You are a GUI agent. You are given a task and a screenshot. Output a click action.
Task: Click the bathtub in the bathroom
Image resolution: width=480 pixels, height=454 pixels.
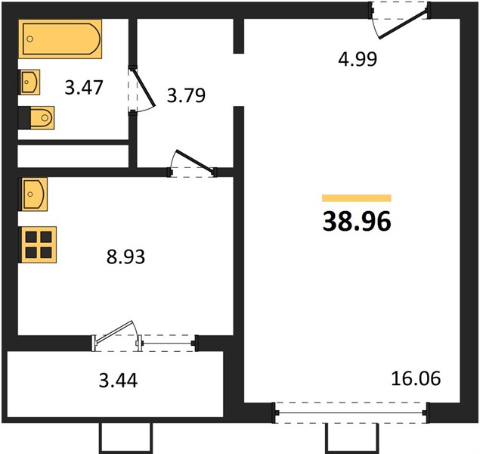click(x=60, y=39)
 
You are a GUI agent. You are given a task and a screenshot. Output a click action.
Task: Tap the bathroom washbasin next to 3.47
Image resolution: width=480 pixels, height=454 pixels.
click(x=29, y=82)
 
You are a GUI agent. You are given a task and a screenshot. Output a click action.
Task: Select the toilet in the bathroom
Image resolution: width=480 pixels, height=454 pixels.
click(x=36, y=118)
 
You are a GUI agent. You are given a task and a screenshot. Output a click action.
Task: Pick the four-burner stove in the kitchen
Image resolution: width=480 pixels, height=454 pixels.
click(x=37, y=244)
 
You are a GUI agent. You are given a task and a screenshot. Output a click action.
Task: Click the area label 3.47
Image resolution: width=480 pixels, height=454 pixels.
click(x=84, y=87)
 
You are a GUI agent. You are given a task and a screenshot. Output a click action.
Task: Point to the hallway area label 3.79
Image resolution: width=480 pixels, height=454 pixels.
click(x=186, y=95)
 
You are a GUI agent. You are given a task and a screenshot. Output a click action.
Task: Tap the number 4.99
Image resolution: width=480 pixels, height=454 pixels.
click(x=358, y=59)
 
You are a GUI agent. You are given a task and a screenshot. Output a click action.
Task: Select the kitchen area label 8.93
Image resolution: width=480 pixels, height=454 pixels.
click(x=125, y=257)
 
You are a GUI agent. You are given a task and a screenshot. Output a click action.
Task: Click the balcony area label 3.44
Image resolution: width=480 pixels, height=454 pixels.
click(x=118, y=381)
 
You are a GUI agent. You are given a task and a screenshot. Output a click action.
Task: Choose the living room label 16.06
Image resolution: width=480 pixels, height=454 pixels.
click(x=416, y=378)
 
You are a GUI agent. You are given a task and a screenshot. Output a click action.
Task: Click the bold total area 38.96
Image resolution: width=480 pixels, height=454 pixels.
click(x=357, y=221)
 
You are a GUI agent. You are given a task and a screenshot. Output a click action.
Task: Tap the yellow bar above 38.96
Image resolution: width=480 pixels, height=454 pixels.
click(x=357, y=198)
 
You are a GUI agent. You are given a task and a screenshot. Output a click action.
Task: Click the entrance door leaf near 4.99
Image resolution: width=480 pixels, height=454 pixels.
click(x=403, y=24)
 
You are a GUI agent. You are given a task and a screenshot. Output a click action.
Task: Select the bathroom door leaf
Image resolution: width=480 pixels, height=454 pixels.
click(x=144, y=87)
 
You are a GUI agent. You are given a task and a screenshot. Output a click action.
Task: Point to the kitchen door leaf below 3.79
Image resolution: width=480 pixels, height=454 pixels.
click(x=194, y=160)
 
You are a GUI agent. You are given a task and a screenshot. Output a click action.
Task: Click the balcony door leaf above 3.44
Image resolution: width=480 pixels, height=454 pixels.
click(x=114, y=331)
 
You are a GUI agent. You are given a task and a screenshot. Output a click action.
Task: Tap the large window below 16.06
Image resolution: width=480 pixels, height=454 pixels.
click(x=351, y=412)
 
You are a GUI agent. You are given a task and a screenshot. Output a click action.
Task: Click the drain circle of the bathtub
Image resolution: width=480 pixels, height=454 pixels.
click(x=29, y=39)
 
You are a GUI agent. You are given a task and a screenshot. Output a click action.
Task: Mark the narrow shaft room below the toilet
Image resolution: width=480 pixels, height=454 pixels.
click(x=73, y=156)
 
